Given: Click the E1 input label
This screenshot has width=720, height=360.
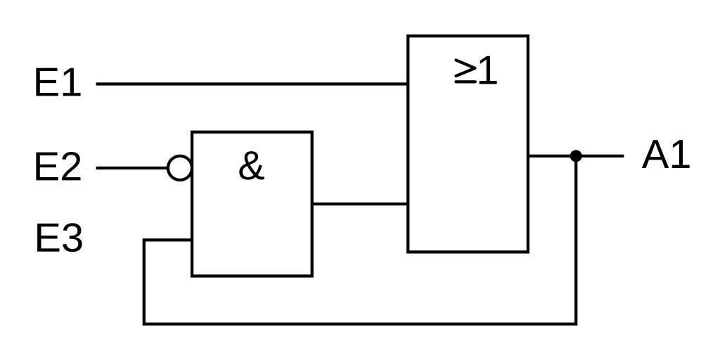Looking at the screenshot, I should pos(58,84).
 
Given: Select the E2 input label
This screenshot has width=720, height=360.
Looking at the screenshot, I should pos(58,168).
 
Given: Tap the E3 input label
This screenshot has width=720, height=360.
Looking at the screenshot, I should pos(59,238).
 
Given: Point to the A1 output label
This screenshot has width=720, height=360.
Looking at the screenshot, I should pos(666,155).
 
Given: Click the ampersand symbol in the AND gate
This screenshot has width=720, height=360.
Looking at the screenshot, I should pos(251,167).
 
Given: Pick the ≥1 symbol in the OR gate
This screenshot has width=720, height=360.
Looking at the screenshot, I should pos(476,71).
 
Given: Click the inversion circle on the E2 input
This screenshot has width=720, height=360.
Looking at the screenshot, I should pos(180,168).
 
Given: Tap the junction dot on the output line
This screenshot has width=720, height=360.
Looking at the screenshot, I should pos(576,155).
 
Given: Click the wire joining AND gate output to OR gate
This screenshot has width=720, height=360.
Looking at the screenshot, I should pos(360,204).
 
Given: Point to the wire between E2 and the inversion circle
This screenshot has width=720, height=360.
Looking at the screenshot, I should pos(132,168).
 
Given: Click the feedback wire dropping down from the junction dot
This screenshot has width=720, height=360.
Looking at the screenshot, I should pos(576,239).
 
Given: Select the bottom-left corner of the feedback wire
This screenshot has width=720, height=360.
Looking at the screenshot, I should pos(144,323).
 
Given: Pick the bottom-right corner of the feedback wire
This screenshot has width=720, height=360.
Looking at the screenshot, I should pos(576,323).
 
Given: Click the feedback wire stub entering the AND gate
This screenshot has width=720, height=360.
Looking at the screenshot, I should pos(167,240).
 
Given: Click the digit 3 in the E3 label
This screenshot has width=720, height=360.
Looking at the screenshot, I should pos(71,238).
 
